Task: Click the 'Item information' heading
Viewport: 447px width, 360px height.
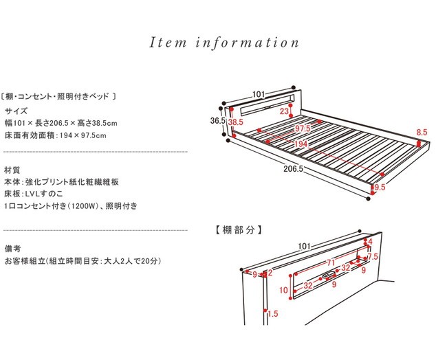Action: [224, 43]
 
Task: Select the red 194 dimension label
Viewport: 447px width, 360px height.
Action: [298, 144]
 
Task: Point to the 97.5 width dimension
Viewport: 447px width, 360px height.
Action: [303, 128]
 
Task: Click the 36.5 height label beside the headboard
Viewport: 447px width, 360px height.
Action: [218, 120]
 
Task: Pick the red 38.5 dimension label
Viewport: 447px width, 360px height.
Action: [236, 122]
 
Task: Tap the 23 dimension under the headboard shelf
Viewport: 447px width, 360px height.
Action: [285, 111]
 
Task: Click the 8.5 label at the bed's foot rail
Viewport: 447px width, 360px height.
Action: [422, 132]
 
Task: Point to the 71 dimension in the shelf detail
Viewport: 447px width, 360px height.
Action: [331, 262]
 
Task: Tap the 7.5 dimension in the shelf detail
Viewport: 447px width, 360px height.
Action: [372, 256]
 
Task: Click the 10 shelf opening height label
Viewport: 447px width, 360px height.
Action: [283, 291]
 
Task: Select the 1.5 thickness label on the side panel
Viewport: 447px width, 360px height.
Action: [272, 313]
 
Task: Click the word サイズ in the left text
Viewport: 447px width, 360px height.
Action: [17, 111]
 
